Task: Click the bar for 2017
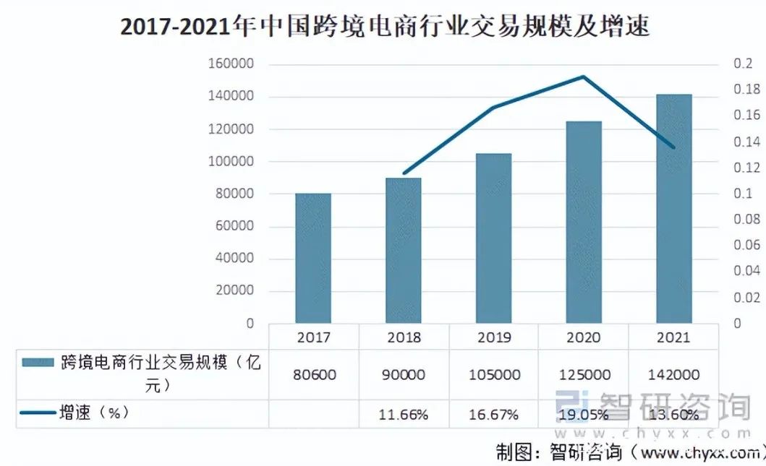[313, 258]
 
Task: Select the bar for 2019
[493, 238]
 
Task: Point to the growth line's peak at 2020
[584, 77]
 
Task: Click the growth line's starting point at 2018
[404, 174]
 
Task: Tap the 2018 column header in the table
[404, 337]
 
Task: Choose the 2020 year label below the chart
[583, 337]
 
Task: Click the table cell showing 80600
[314, 375]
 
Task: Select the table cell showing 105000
[493, 375]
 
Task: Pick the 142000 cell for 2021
[673, 375]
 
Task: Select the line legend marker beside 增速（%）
[38, 413]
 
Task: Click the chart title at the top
[384, 27]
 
